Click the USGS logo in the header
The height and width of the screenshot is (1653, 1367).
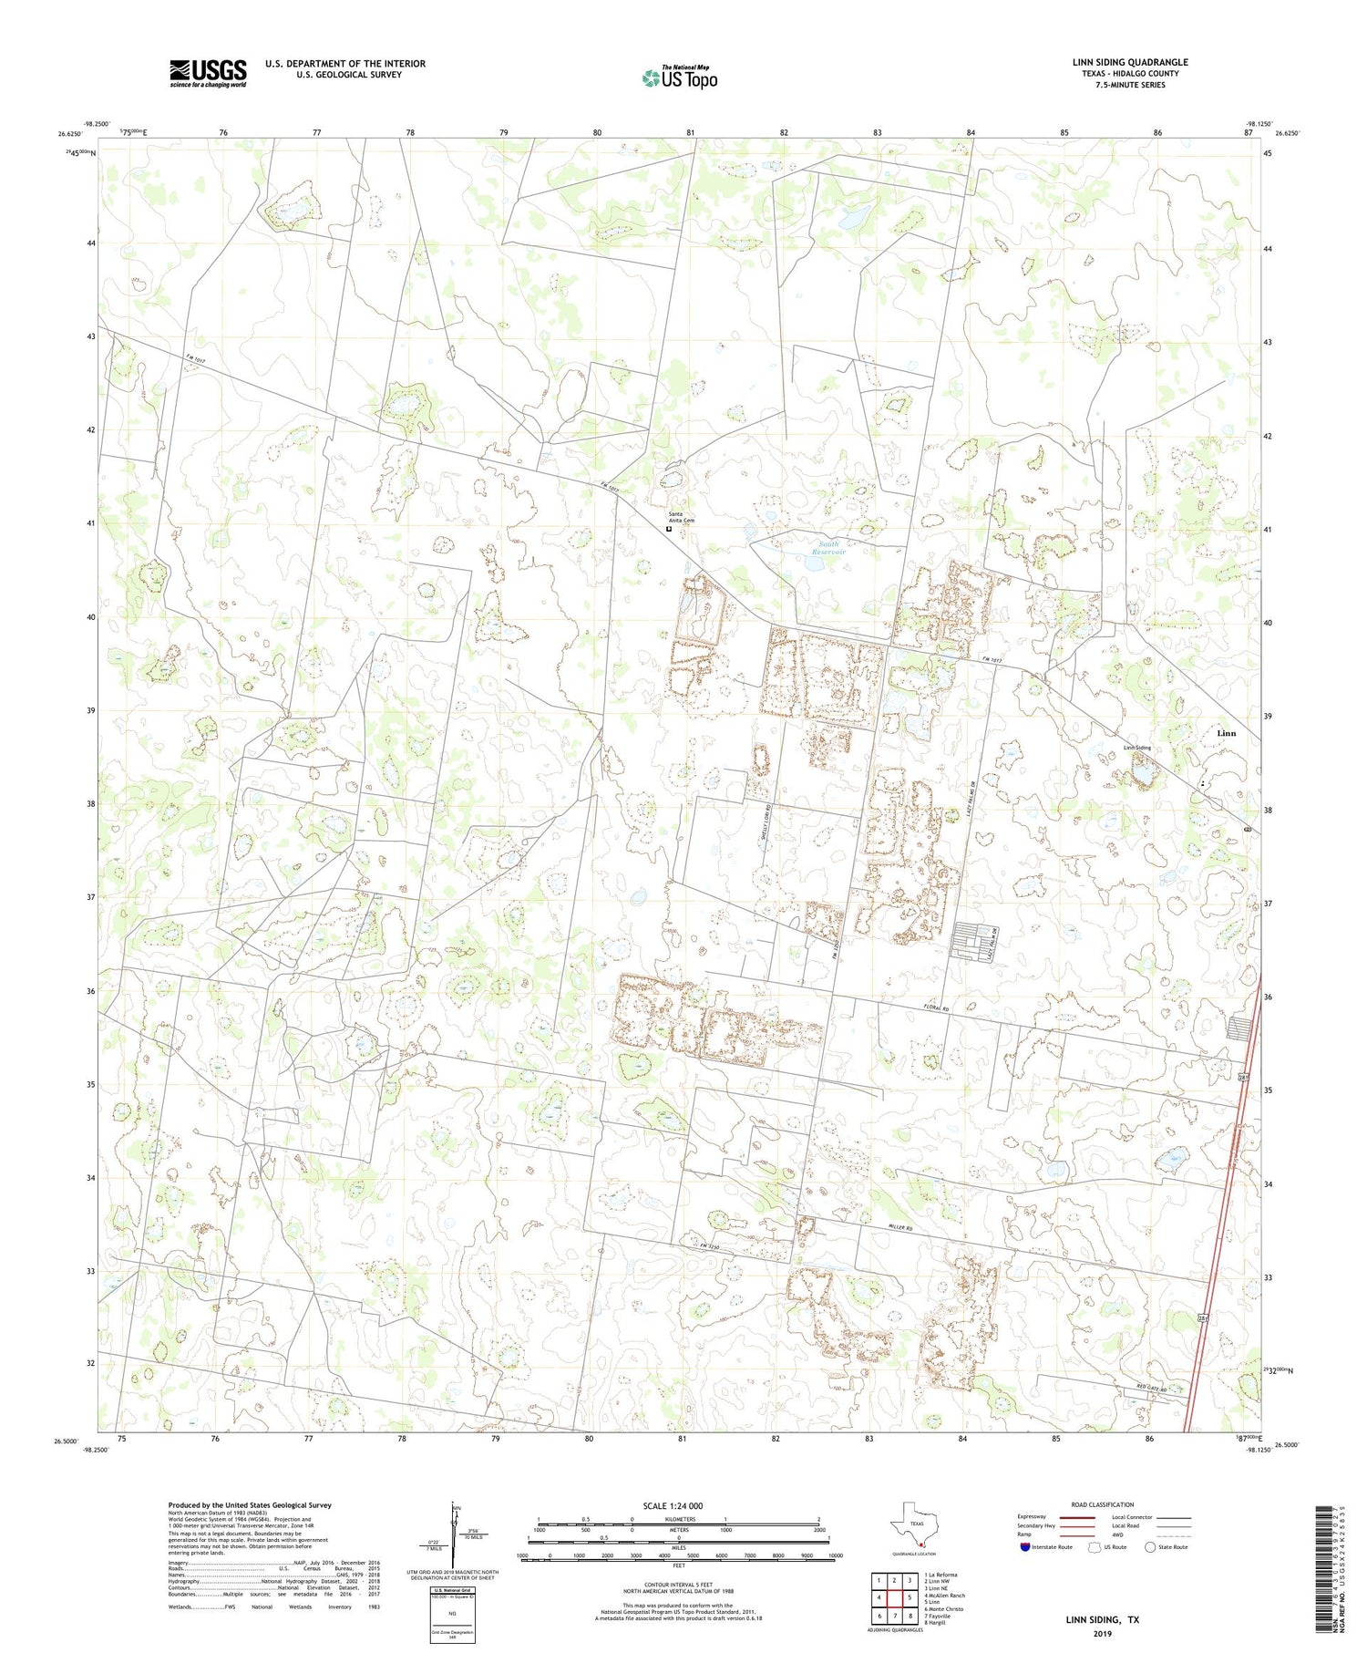coord(208,73)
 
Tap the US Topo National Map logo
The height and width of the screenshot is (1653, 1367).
coord(679,77)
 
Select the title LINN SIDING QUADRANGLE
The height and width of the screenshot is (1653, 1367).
coord(1130,62)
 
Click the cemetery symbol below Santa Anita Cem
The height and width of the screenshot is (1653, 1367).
coord(668,528)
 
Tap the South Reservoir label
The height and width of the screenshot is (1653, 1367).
coord(829,548)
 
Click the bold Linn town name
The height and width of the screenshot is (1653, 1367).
coord(1227,733)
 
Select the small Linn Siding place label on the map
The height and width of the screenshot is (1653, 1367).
coord(1136,748)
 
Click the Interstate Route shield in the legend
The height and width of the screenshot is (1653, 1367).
coord(1025,1547)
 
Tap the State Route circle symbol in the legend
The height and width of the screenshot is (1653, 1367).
coord(1150,1547)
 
